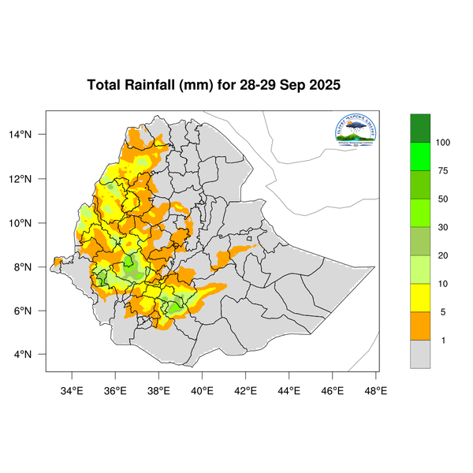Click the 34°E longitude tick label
pos(73,389)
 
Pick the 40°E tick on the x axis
pos(203,389)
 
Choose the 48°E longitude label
pos(375,389)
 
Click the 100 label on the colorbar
pos(443,142)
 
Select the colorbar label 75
pos(443,170)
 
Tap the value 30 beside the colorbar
pos(443,227)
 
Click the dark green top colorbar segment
pos(420,127)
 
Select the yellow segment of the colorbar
pos(420,297)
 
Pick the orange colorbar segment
pos(420,326)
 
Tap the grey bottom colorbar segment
pos(420,354)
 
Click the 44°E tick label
pos(289,389)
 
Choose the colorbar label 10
pos(443,283)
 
